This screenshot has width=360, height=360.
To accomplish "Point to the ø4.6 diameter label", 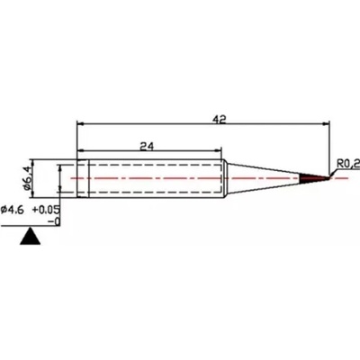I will click(x=17, y=209).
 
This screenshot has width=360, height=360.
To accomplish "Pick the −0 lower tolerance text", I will click(x=53, y=220).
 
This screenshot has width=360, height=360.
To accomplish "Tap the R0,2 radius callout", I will click(x=346, y=163).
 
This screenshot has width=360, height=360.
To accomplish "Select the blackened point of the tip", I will click(x=314, y=180).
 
